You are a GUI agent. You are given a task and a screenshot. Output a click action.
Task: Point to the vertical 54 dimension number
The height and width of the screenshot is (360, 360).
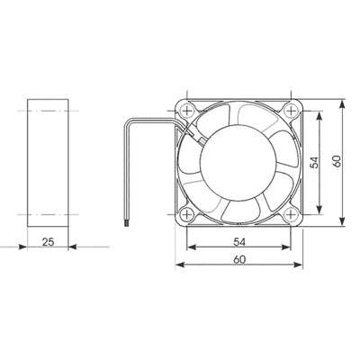(x=314, y=162)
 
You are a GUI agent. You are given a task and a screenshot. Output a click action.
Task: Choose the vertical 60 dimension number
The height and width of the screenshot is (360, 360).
(x=337, y=162)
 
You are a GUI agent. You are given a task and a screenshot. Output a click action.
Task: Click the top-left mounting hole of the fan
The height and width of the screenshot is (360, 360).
(x=187, y=111)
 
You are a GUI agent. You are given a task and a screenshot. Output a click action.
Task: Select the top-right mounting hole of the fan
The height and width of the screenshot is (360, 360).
(x=291, y=111)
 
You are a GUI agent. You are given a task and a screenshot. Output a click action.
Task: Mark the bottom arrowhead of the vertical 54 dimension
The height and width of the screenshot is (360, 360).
(x=322, y=212)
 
